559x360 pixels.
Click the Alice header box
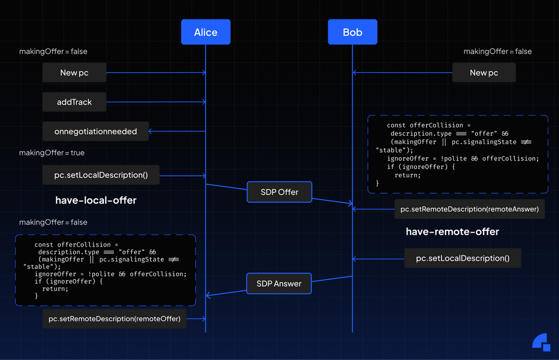pyautogui.click(x=205, y=32)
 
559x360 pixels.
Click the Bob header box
pyautogui.click(x=352, y=32)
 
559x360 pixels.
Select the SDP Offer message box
pyautogui.click(x=279, y=192)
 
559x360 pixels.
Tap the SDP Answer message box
pyautogui.click(x=279, y=283)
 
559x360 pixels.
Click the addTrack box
pyautogui.click(x=74, y=102)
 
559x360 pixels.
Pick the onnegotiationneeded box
pyautogui.click(x=96, y=132)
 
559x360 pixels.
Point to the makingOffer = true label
pyautogui.click(x=52, y=153)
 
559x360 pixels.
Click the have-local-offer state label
pyautogui.click(x=96, y=200)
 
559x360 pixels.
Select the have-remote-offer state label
pyautogui.click(x=452, y=231)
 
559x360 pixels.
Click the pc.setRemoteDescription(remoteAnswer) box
pyautogui.click(x=470, y=209)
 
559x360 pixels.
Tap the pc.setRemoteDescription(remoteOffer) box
pyautogui.click(x=115, y=319)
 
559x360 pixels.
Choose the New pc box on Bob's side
pyautogui.click(x=484, y=73)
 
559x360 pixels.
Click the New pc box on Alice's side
pyautogui.click(x=74, y=73)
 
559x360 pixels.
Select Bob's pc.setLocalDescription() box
pyautogui.click(x=463, y=258)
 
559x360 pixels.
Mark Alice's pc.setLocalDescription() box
pyautogui.click(x=101, y=175)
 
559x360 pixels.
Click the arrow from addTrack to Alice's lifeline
pyautogui.click(x=156, y=102)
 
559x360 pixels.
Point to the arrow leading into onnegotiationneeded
pyautogui.click(x=177, y=132)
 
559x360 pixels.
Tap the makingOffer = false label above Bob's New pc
pyautogui.click(x=498, y=51)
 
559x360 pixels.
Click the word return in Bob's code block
pyautogui.click(x=407, y=175)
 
